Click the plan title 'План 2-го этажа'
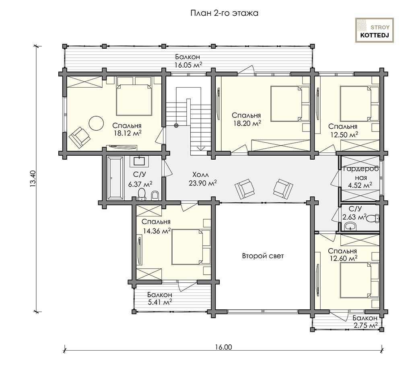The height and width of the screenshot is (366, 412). click(224, 13)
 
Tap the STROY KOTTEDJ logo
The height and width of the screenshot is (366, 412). click(375, 30)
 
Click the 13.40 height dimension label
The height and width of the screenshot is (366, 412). click(33, 179)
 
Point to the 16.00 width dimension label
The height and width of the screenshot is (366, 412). click(224, 347)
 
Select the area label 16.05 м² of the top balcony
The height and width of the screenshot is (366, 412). click(188, 65)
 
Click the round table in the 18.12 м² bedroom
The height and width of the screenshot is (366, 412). click(96, 123)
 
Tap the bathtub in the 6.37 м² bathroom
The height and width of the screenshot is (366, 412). click(115, 178)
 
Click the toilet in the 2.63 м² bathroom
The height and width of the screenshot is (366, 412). click(373, 218)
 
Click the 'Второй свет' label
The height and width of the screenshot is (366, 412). click(263, 256)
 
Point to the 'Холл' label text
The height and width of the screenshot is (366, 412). click(200, 175)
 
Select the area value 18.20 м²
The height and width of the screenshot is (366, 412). click(247, 123)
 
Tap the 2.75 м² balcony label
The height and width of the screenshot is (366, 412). click(365, 326)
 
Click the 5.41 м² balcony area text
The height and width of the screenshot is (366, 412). click(160, 302)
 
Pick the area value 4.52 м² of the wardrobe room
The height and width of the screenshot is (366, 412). click(360, 185)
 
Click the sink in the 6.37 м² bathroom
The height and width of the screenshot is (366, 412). click(139, 161)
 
